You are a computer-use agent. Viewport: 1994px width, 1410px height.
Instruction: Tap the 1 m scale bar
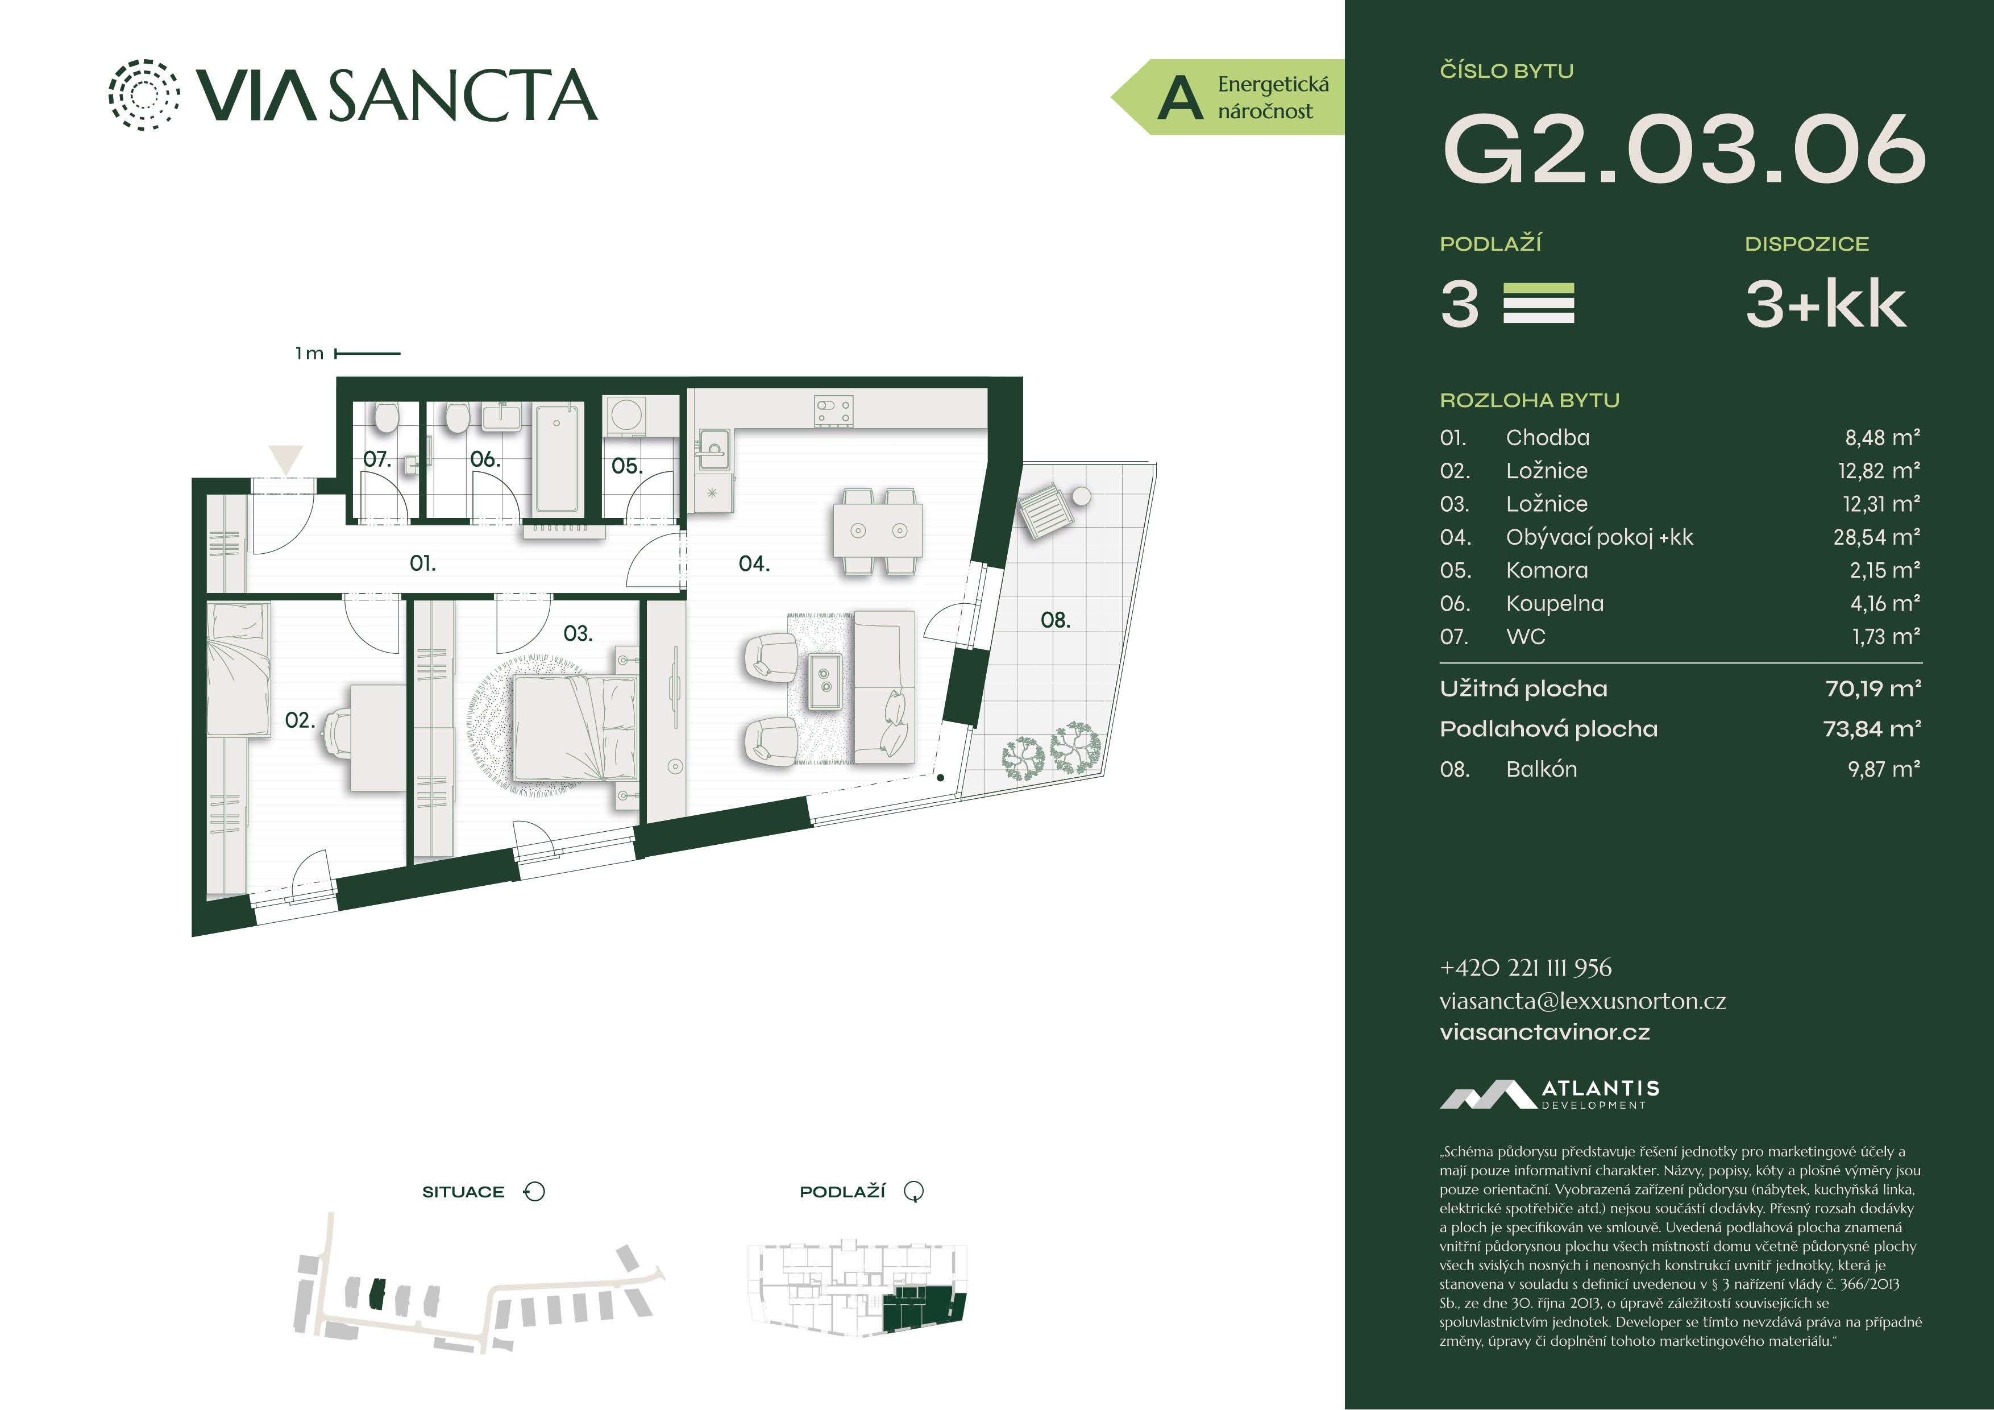[367, 354]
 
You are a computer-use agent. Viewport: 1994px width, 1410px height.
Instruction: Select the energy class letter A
[1180, 98]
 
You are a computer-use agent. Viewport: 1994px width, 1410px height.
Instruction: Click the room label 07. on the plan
[377, 459]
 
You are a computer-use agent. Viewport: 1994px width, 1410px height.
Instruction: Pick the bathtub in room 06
[556, 457]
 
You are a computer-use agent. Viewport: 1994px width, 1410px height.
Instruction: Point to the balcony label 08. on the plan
[1055, 619]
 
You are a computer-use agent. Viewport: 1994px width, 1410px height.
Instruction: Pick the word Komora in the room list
[1547, 570]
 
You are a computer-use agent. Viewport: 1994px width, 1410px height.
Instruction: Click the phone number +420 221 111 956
[1526, 967]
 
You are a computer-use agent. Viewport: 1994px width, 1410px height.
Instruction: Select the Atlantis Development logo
[1550, 1094]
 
